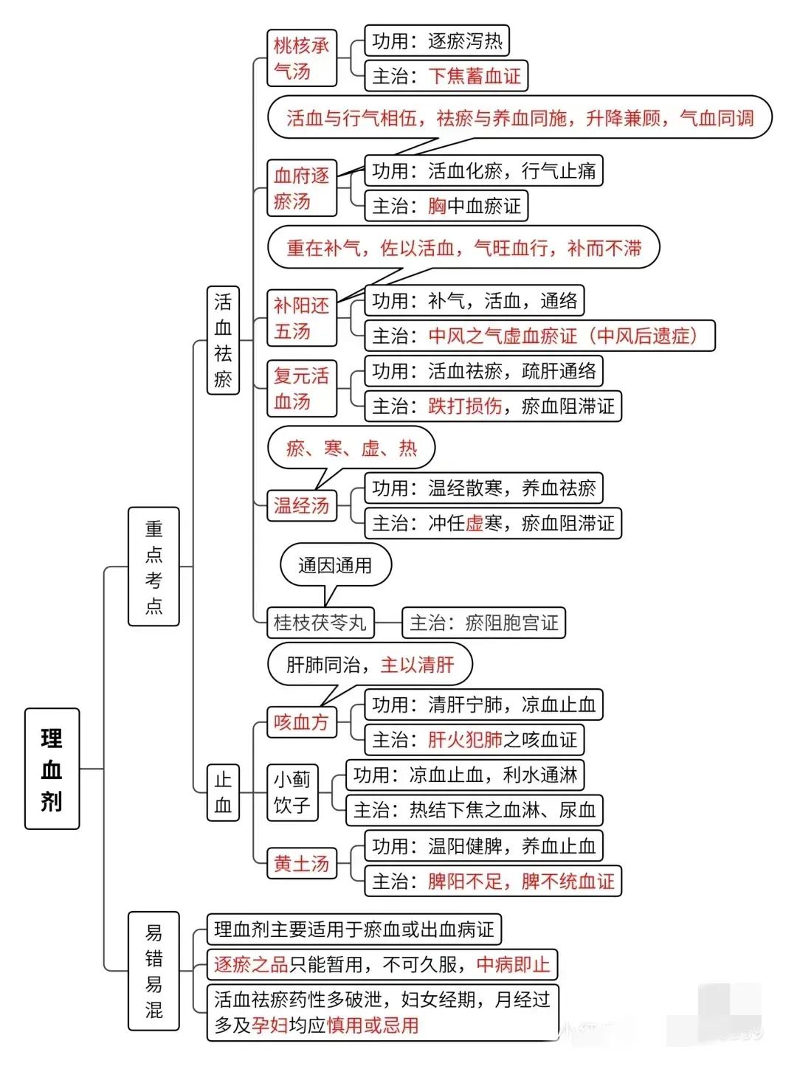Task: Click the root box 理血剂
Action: click(52, 769)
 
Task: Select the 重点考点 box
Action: click(153, 567)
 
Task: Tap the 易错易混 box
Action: click(153, 971)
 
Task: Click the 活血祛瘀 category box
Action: click(223, 340)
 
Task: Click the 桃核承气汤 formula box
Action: click(302, 58)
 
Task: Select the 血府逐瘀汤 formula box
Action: click(302, 188)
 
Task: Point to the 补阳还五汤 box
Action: click(302, 318)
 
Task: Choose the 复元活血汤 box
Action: click(302, 388)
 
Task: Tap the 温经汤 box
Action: click(302, 505)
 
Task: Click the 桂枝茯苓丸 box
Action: click(320, 622)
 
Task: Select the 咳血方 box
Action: click(302, 722)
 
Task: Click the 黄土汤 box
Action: click(302, 863)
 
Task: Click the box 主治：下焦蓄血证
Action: click(446, 75)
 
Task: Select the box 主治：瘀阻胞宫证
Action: click(484, 622)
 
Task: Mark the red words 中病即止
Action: click(513, 964)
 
